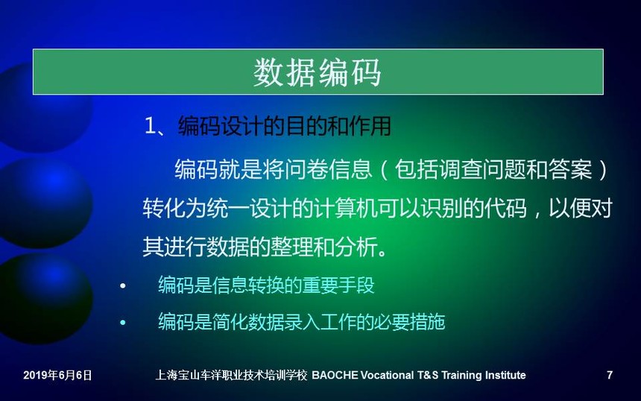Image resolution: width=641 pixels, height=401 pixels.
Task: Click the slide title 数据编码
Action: coord(317,72)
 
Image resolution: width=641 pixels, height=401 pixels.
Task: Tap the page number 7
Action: coord(610,375)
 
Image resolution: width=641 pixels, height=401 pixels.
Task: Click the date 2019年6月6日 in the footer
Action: coord(57,375)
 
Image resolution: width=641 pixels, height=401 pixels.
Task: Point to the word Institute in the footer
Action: coord(505,375)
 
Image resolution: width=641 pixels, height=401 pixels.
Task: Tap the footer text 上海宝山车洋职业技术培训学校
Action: coord(231,375)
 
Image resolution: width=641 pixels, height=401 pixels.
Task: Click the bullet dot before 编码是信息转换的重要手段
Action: coord(123,286)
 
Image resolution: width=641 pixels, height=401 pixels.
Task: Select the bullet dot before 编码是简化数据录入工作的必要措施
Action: coord(123,323)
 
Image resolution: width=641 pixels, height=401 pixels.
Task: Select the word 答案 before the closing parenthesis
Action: coord(570,168)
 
